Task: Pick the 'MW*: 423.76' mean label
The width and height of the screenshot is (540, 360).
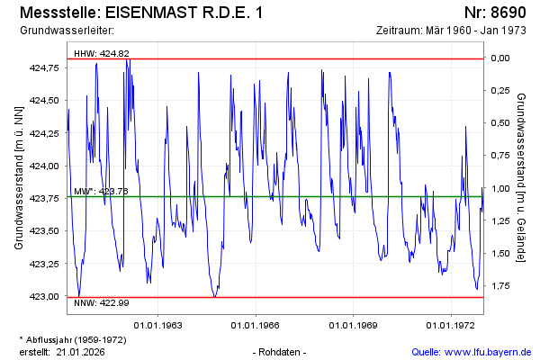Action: click(x=101, y=191)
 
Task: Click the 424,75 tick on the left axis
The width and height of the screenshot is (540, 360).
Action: click(x=45, y=68)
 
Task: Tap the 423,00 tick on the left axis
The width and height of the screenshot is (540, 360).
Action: click(x=45, y=296)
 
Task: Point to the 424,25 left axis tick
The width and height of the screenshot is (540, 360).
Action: click(x=45, y=133)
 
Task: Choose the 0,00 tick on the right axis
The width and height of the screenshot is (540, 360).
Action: click(x=499, y=58)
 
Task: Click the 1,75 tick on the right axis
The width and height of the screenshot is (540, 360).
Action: click(x=499, y=286)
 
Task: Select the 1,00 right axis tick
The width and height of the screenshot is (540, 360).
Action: click(x=499, y=189)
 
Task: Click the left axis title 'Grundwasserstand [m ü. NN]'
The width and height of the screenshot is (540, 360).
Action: click(x=19, y=177)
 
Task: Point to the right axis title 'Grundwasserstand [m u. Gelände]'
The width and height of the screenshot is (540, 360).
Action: click(x=521, y=177)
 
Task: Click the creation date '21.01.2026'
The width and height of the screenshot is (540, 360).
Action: click(x=84, y=351)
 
